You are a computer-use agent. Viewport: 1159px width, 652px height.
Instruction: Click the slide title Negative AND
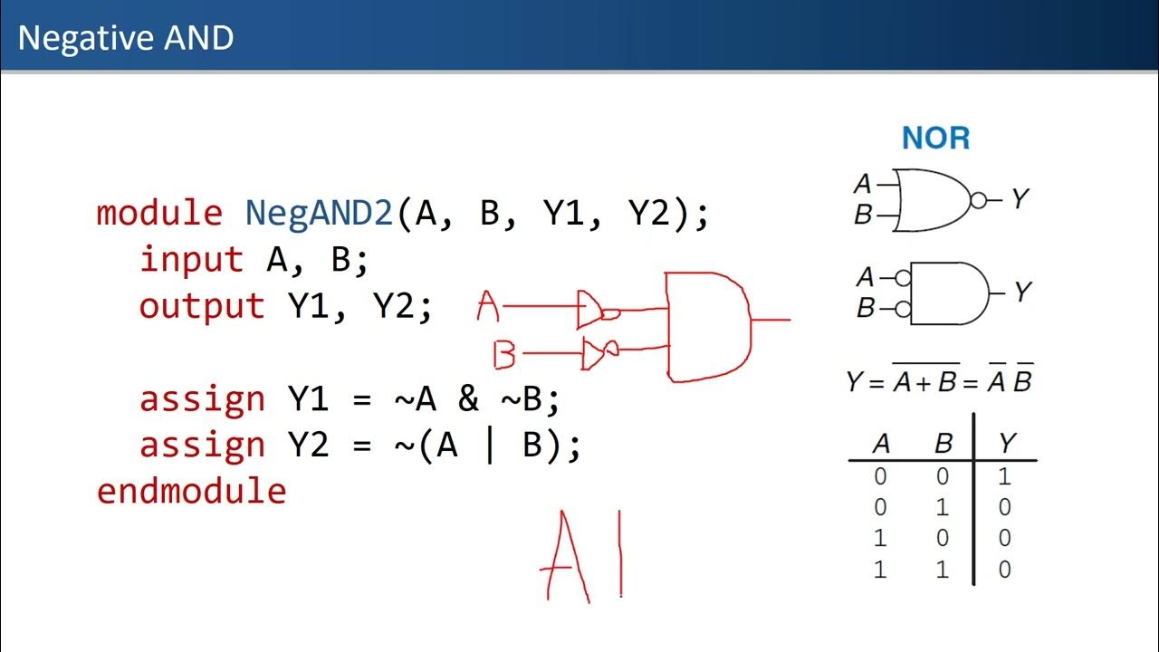126,38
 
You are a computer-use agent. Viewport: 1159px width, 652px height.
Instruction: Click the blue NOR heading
935,139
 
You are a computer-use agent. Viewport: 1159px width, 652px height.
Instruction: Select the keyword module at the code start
159,214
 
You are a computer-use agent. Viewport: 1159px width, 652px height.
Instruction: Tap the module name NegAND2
319,214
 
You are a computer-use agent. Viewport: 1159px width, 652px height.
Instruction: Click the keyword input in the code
192,260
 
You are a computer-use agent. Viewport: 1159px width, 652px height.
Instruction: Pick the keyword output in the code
202,306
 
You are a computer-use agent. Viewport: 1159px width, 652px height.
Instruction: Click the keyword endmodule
191,491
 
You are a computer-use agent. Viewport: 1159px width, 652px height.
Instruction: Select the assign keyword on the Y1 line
202,398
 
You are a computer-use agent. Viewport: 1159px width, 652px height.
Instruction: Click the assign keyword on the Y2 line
202,445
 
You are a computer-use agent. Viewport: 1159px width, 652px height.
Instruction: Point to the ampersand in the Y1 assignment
468,398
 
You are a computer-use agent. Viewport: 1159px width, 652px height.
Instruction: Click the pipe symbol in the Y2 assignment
490,445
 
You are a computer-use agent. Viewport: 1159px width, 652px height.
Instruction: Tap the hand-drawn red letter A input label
488,308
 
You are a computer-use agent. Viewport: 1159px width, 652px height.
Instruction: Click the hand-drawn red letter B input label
503,355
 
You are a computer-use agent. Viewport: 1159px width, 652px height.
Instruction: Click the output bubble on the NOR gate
977,200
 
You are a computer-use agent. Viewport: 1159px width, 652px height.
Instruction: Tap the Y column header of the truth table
1006,444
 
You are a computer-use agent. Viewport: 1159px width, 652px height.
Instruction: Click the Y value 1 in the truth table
1004,476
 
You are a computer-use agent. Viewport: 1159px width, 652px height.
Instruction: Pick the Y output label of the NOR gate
1020,198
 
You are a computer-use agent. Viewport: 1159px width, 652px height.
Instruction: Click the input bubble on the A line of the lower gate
902,277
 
